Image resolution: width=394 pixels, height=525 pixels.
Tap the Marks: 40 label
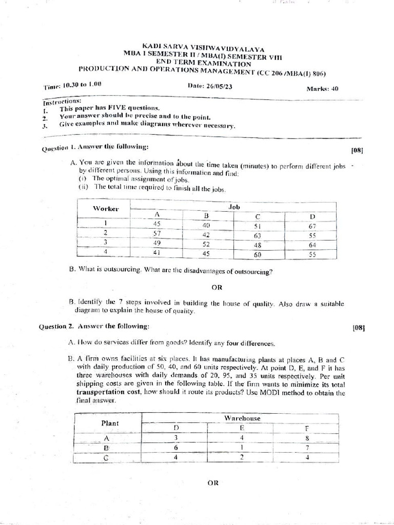[322, 88]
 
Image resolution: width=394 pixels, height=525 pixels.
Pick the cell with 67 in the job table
[312, 226]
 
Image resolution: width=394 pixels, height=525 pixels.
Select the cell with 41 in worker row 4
[156, 252]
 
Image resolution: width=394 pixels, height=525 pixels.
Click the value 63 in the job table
[257, 236]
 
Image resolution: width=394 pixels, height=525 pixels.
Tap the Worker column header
[106, 208]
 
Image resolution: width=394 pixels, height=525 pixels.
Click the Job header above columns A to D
[234, 206]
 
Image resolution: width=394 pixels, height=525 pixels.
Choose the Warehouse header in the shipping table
[242, 418]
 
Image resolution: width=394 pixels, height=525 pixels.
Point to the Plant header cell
[110, 423]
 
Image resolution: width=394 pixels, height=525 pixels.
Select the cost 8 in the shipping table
[307, 438]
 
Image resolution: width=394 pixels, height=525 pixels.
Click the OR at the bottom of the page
[213, 482]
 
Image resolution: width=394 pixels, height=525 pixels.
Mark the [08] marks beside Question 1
[357, 150]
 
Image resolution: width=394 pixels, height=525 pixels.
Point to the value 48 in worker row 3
[258, 245]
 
